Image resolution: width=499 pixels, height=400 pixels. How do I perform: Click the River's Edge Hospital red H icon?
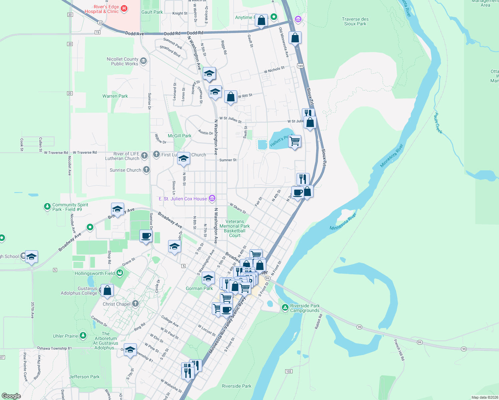(x=124, y=9)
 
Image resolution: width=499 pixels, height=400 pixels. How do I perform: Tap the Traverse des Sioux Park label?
(x=355, y=21)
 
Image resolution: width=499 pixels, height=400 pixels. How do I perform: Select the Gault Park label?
(x=152, y=12)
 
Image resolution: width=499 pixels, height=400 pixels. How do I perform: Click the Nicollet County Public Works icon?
(x=143, y=61)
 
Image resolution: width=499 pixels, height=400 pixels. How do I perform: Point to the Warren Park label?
(x=115, y=96)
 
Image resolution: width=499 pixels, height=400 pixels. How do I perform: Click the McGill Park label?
(x=179, y=136)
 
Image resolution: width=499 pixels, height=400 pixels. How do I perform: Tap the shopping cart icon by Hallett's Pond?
(x=295, y=141)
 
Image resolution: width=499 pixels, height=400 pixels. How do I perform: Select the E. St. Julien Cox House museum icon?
(x=212, y=199)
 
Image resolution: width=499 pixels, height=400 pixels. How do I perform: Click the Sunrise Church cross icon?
(x=146, y=170)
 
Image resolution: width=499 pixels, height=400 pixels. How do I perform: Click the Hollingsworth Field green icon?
(x=120, y=273)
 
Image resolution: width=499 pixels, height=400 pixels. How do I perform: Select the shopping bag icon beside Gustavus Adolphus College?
(x=107, y=291)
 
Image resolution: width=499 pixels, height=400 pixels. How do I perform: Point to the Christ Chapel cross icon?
(x=135, y=304)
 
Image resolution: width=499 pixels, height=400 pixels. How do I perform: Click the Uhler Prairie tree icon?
(x=83, y=336)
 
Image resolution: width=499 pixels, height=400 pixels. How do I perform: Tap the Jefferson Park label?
(x=84, y=377)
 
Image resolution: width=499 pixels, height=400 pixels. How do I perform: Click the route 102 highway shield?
(x=289, y=371)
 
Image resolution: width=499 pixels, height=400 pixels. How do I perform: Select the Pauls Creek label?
(x=438, y=123)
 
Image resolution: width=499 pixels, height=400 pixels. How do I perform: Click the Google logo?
(x=11, y=396)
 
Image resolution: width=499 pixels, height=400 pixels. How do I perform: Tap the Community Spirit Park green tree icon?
(x=47, y=207)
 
